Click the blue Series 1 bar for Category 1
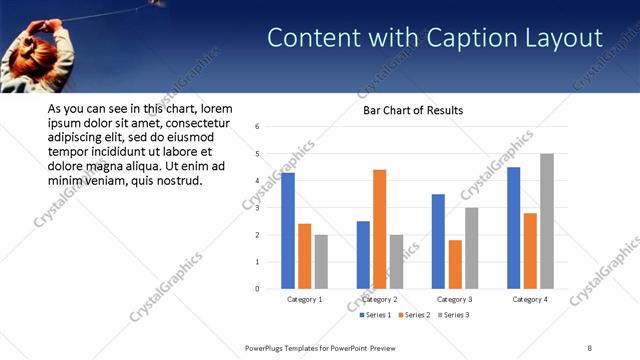click(x=287, y=231)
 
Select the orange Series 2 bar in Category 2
click(x=379, y=229)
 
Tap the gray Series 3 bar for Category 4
click(x=546, y=221)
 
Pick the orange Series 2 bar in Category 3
click(x=455, y=264)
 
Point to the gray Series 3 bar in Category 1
click(x=321, y=262)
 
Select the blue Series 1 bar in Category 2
click(x=362, y=255)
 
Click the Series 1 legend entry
click(x=375, y=315)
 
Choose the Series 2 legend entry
click(x=414, y=315)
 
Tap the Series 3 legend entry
click(x=452, y=315)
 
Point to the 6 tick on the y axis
click(x=258, y=127)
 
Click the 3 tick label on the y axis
click(x=258, y=208)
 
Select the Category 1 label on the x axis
click(x=304, y=299)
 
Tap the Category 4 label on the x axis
click(x=530, y=299)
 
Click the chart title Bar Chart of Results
click(x=413, y=110)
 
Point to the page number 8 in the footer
click(x=590, y=347)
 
